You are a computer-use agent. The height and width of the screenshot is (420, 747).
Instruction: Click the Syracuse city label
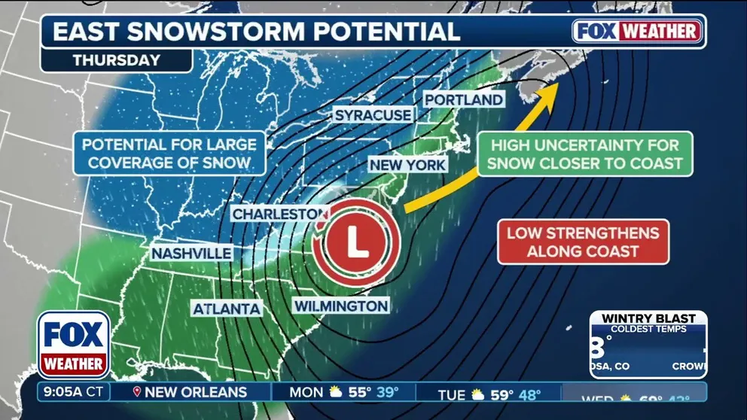tap(373, 115)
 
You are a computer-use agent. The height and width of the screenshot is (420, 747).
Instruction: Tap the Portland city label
tap(464, 100)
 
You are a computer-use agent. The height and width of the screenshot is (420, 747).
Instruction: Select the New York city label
tap(407, 165)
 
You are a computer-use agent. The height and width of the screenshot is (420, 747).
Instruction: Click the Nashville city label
tap(191, 254)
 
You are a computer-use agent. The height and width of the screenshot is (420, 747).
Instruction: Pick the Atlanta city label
tap(227, 309)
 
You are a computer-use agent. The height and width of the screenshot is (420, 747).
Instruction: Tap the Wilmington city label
tap(341, 306)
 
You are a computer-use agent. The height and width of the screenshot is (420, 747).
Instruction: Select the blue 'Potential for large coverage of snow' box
tap(169, 153)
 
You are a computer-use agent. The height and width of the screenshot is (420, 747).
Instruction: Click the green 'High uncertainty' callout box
tap(585, 154)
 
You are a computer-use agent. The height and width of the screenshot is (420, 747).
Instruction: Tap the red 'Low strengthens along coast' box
tap(583, 242)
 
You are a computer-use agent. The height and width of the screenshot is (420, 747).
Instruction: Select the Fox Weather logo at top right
tap(637, 31)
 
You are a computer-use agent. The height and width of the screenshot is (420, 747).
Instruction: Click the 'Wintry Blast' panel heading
tap(648, 318)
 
